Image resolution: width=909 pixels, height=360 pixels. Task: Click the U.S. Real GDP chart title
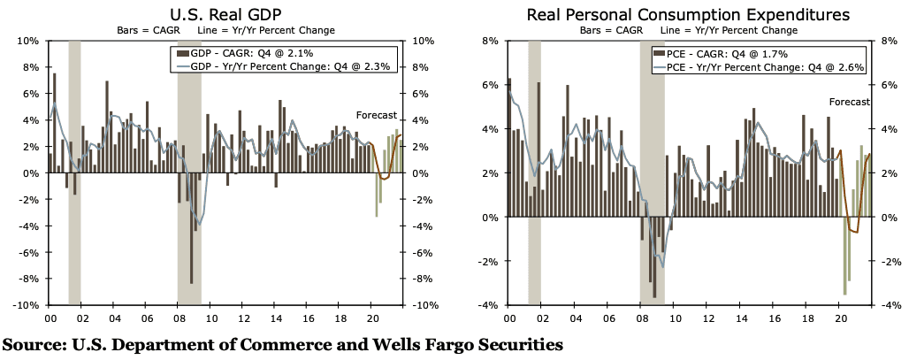(x=225, y=15)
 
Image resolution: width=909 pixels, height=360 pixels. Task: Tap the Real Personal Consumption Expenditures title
(x=688, y=15)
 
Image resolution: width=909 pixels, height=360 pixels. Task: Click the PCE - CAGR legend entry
(x=718, y=54)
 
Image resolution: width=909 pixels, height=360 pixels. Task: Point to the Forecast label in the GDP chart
(x=376, y=116)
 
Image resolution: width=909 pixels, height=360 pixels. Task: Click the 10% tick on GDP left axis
(x=27, y=41)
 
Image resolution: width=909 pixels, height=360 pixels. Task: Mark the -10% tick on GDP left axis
(x=24, y=305)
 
